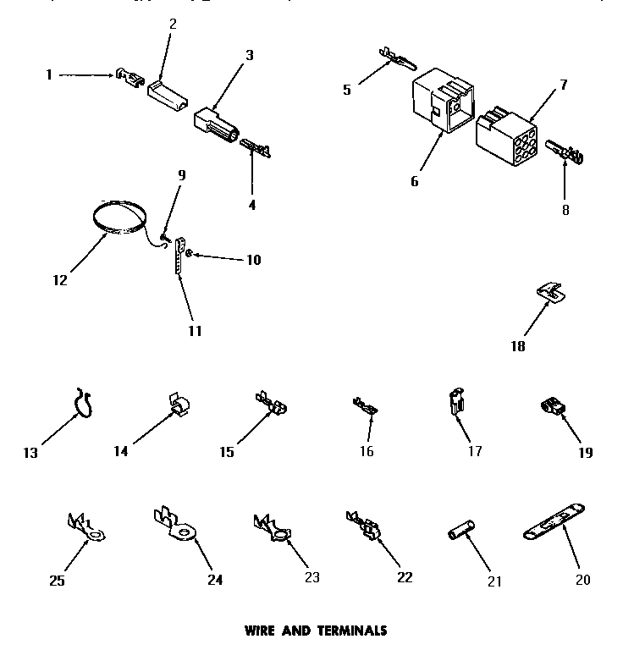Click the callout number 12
(x=58, y=280)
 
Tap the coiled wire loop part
(x=119, y=218)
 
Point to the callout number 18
(x=517, y=346)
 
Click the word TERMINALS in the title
(x=351, y=631)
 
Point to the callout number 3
(x=250, y=56)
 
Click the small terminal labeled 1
(x=130, y=80)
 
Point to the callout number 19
(x=585, y=453)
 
